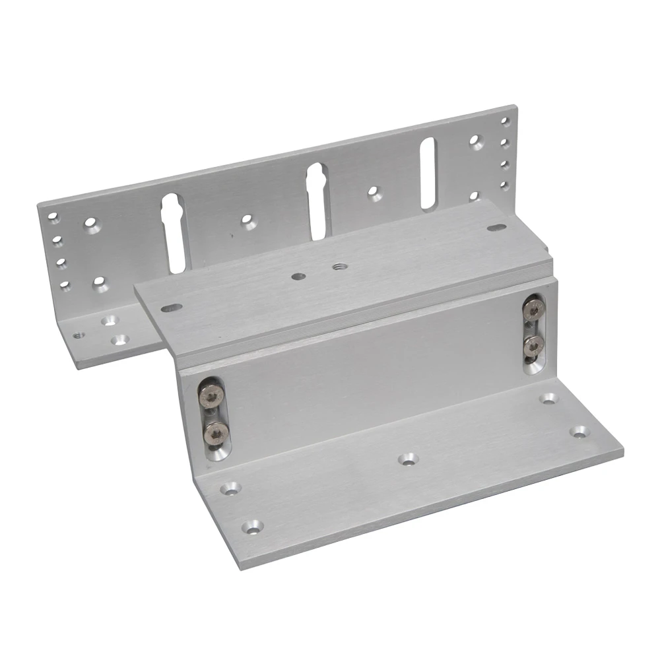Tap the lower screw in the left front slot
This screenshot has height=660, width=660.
point(216,432)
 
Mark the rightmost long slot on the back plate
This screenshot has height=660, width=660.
point(428,173)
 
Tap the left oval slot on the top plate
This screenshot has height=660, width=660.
point(172,307)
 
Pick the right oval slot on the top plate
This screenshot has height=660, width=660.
point(497,228)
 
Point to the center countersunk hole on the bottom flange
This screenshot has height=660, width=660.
point(407,457)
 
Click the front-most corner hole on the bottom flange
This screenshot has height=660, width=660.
point(252,527)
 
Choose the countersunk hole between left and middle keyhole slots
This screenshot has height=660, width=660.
point(248,221)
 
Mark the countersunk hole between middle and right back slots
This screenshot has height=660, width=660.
point(374,192)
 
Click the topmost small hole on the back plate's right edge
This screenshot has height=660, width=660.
point(504,122)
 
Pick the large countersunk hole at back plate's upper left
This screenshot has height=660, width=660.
point(90,224)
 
